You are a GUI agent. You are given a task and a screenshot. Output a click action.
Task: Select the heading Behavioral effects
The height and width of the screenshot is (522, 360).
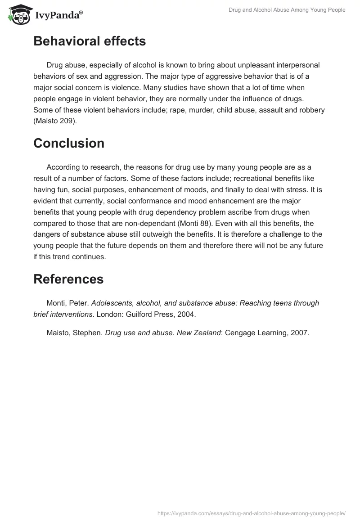coord(90,41)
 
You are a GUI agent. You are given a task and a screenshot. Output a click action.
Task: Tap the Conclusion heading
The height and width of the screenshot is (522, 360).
coord(69,143)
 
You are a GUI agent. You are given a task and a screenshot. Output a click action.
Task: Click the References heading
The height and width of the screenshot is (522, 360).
coord(68,279)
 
